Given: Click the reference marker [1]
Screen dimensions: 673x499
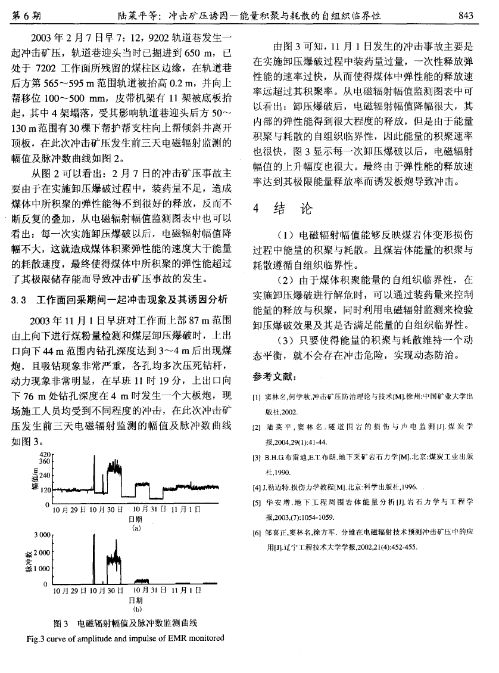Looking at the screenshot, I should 257,397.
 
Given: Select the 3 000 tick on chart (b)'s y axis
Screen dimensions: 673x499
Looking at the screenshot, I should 41,535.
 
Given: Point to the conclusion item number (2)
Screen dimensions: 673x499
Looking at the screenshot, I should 285,278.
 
